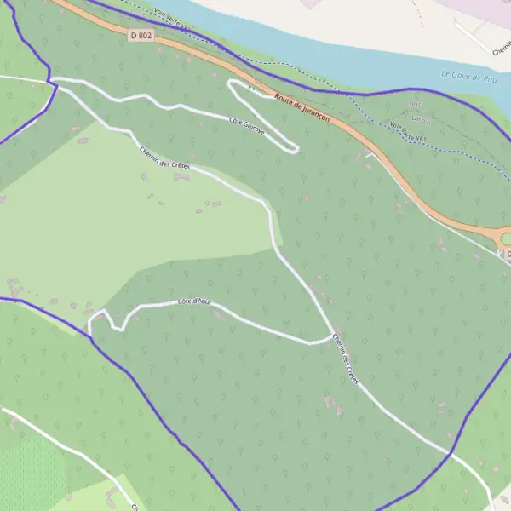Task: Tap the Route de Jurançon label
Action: pyautogui.click(x=302, y=109)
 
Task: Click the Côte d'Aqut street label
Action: pyautogui.click(x=194, y=301)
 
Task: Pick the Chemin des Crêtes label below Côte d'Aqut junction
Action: pyautogui.click(x=346, y=359)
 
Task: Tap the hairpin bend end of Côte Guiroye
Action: pyautogui.click(x=295, y=150)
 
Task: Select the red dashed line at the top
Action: pyautogui.click(x=416, y=13)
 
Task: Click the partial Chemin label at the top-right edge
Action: pyautogui.click(x=501, y=50)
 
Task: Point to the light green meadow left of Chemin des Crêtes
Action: pyautogui.click(x=102, y=221)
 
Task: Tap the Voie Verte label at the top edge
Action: pyautogui.click(x=171, y=16)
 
